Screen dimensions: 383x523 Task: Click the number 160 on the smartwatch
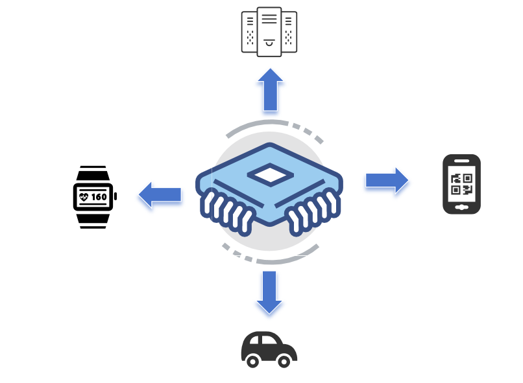pos(99,196)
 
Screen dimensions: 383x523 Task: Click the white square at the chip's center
pos(269,174)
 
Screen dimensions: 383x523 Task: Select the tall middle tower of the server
pos(269,31)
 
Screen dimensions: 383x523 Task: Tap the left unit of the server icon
pos(250,32)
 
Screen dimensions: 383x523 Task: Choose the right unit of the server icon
pos(289,32)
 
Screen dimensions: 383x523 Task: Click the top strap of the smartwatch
pos(92,174)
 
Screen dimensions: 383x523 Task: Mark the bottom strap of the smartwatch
pos(92,219)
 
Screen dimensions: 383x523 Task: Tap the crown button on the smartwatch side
pos(116,196)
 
